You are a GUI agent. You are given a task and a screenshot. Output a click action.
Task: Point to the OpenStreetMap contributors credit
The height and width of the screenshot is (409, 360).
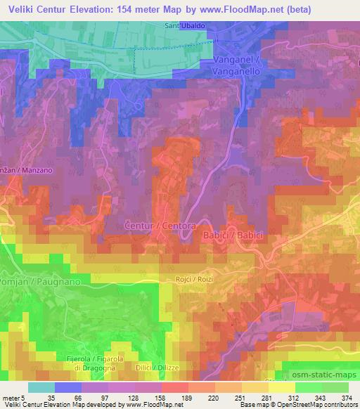tap(310, 404)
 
